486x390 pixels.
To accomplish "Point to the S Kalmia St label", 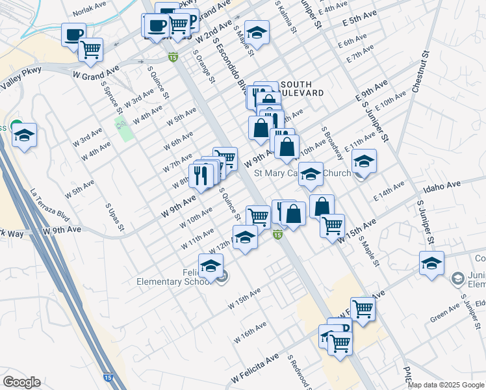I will tap(286, 18).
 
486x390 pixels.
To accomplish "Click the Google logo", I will tap(21, 382).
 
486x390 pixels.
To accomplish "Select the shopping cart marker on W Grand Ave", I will tap(90, 48).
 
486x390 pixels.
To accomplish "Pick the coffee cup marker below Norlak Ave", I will tap(73, 34).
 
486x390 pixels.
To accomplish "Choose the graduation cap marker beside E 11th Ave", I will tap(364, 161).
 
